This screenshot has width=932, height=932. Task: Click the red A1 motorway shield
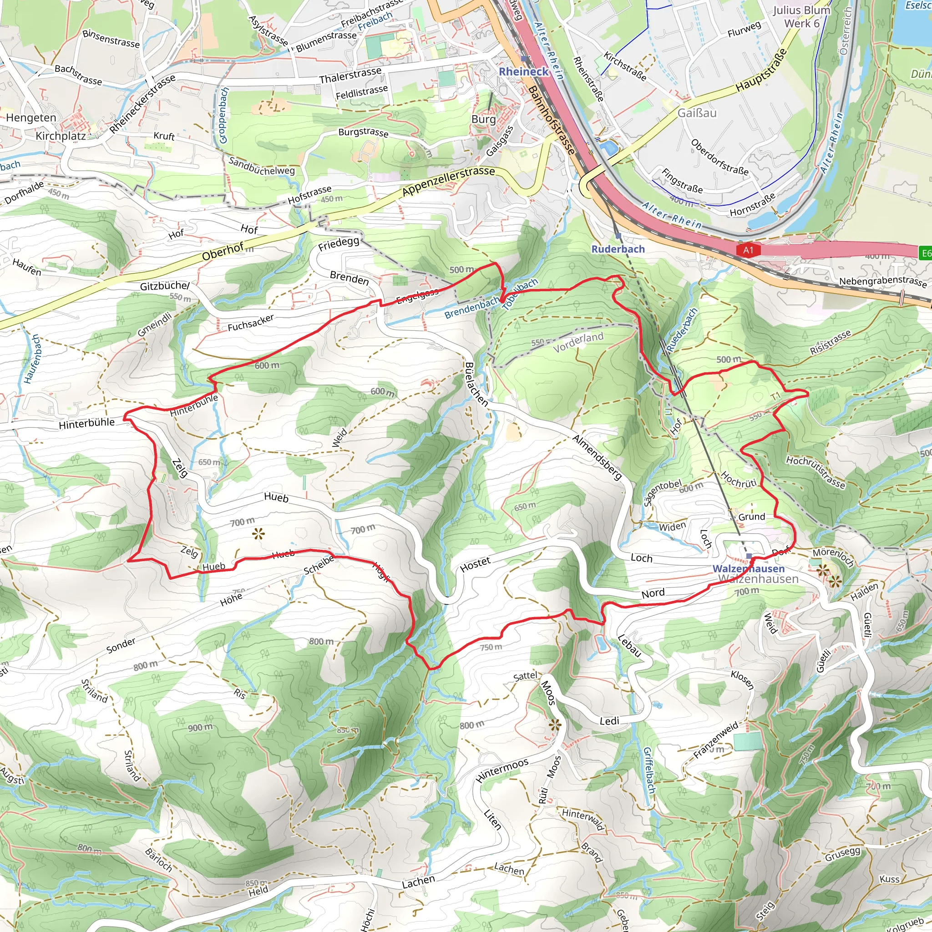[748, 250]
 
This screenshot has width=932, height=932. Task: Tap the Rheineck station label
[523, 71]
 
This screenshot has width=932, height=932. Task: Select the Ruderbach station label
[618, 249]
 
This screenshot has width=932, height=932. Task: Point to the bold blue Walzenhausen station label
[749, 569]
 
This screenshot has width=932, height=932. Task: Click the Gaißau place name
[697, 113]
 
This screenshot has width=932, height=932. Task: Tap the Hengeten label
[31, 118]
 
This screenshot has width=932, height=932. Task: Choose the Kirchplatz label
[61, 136]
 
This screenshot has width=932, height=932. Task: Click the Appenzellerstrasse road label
[449, 181]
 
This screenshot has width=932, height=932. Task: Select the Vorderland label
[578, 342]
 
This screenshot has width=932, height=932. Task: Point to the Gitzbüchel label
[165, 286]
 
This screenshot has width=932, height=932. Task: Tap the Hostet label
[475, 564]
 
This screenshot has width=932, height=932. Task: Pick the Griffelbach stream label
[649, 770]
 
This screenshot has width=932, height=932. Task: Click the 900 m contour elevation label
[200, 727]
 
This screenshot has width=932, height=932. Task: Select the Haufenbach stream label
[33, 359]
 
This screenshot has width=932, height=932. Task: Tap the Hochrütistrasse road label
[815, 472]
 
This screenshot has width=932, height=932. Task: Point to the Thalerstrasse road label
[350, 75]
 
